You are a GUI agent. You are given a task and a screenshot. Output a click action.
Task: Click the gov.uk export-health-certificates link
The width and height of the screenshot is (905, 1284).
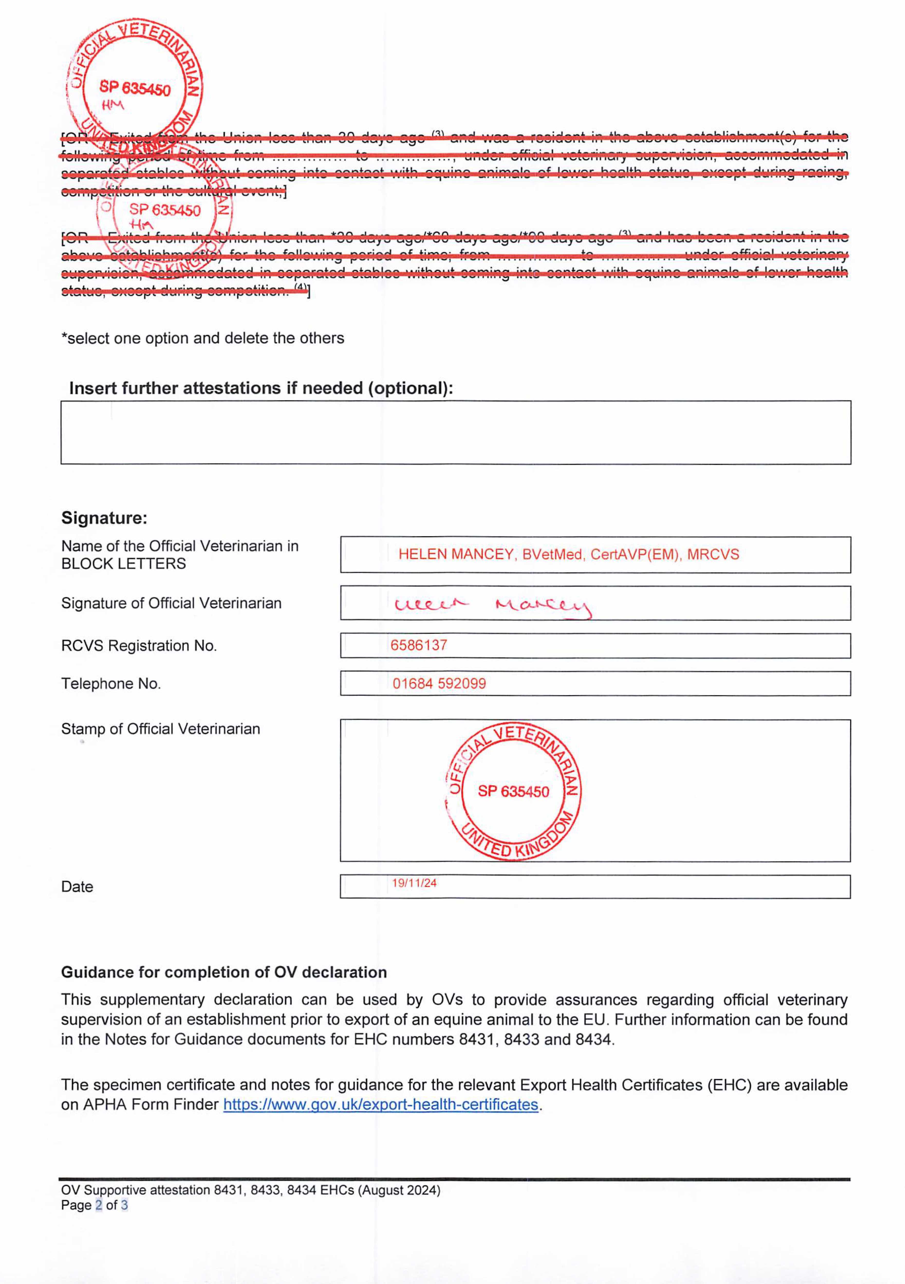[x=380, y=1104]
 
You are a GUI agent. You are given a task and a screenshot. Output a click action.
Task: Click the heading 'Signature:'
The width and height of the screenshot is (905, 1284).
[x=104, y=518]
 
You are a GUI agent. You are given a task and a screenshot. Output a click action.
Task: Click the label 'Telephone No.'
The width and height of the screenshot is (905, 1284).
[x=111, y=683]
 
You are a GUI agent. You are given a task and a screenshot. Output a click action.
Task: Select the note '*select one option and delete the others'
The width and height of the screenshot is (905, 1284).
[x=202, y=338]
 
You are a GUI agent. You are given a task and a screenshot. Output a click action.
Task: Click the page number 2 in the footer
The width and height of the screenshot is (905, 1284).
[x=98, y=1205]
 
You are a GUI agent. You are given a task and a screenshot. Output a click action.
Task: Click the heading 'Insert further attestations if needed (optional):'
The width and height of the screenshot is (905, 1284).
[x=261, y=388]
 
